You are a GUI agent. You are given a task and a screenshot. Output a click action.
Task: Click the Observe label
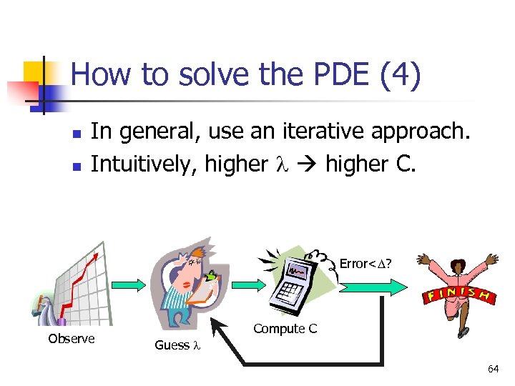[71, 339]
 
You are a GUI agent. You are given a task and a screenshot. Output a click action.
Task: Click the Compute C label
[285, 329]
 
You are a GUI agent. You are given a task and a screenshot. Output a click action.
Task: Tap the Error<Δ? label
[366, 264]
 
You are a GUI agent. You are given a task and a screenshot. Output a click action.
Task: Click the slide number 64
[493, 369]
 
